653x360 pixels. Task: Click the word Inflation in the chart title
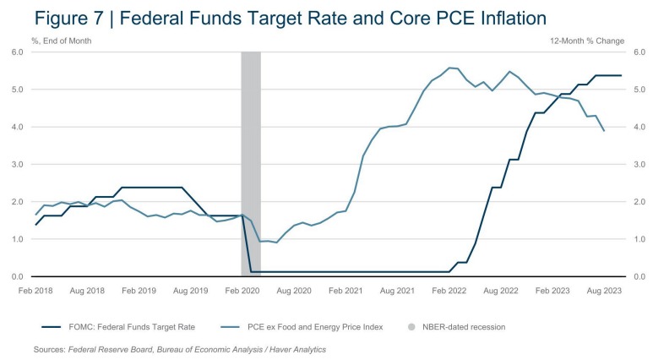coord(492,17)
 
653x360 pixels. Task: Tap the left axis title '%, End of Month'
coord(62,40)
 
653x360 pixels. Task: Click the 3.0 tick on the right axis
coord(639,165)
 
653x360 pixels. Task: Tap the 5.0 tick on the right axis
coord(639,90)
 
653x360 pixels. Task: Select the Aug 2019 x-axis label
coord(190,290)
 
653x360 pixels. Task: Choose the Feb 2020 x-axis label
coord(242,290)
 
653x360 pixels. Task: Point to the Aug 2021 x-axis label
coord(396,290)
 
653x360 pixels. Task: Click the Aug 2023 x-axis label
coord(603,290)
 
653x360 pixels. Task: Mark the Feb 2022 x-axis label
coord(448,290)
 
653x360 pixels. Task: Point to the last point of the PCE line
coord(603,131)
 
